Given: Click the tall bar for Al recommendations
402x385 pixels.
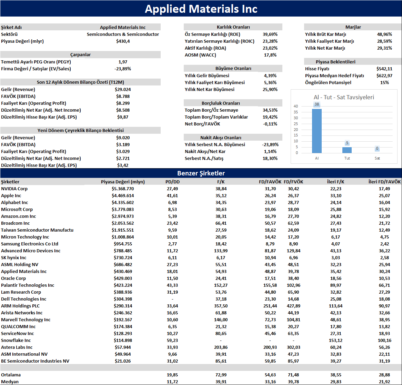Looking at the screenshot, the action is coord(316,131).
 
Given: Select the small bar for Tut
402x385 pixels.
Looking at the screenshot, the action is coord(347,150).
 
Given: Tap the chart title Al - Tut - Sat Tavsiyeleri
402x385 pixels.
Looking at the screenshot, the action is coord(343,97).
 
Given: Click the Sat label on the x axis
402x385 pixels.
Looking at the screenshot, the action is coord(377,158).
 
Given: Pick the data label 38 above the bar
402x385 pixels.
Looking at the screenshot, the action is coord(317,104).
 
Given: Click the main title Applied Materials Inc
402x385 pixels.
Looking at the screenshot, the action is coord(201,9).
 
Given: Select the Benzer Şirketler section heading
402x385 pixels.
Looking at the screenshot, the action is coord(201,173).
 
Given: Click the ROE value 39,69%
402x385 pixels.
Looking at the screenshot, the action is coord(270,34).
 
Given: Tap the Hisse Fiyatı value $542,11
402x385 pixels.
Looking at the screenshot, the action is coord(384,69).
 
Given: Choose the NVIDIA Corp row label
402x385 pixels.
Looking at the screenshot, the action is coord(14,189).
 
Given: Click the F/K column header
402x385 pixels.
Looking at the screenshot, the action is coord(221,182).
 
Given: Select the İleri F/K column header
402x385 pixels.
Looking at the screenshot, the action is coord(335,182).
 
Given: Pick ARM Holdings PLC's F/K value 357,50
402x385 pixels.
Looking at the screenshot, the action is coord(221,306).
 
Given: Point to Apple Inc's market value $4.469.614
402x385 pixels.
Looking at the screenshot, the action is coord(122,195).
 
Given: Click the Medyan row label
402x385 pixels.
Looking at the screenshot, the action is coord(10,382).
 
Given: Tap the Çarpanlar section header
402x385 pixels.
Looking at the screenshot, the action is coord(80,54).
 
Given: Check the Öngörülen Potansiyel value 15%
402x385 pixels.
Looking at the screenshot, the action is coord(384,82).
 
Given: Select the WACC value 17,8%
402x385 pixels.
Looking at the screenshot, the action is coord(270,55).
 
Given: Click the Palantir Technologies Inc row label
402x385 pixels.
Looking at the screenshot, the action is coord(28,285).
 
